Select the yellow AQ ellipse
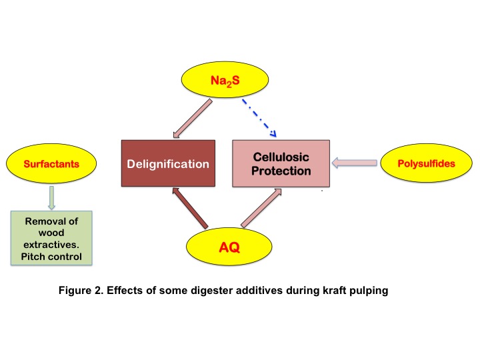coord(229,248)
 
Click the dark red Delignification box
coord(168,163)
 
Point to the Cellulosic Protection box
coord(281,163)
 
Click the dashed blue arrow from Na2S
coord(258,117)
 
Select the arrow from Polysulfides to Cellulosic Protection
coord(355,162)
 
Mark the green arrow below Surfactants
coord(51,197)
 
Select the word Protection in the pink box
coord(281,171)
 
